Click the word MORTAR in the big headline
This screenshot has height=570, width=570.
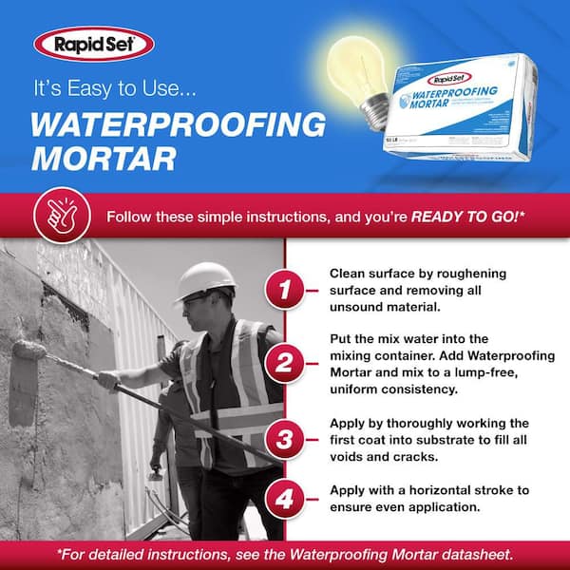tap(104, 157)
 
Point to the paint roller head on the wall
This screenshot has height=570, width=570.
tap(30, 351)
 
